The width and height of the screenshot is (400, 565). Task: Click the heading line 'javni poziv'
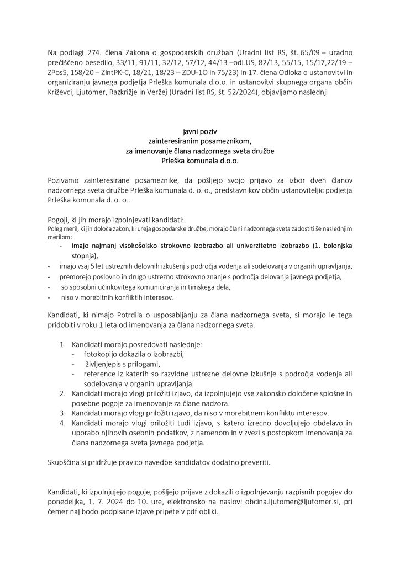[x=199, y=132]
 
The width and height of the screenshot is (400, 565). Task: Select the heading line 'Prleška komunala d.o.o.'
[x=199, y=162]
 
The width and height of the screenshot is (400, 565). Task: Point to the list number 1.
[x=62, y=344]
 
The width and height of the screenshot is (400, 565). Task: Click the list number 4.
[x=62, y=422]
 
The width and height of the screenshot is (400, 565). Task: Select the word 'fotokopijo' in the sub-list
[x=102, y=354]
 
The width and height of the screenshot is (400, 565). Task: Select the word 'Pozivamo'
[x=67, y=181]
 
